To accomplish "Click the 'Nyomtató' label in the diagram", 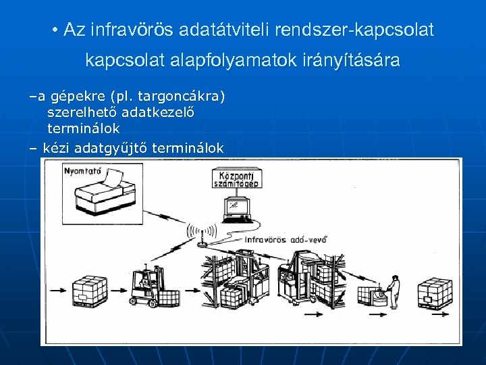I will click(82, 171).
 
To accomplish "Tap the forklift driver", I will click(143, 279).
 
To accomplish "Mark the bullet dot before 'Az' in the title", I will click(54, 31).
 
